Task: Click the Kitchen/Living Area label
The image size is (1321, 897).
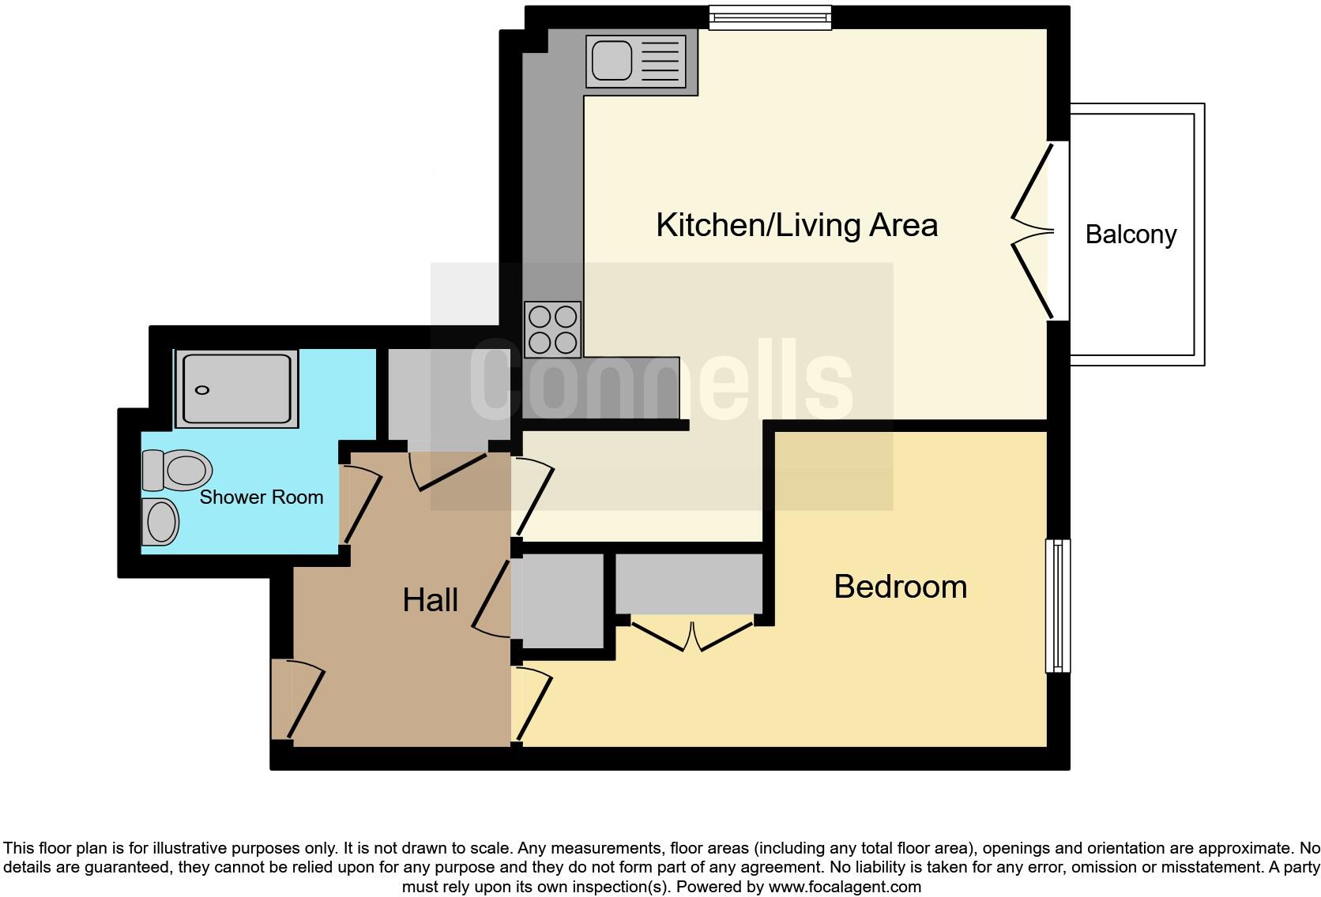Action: coord(796,226)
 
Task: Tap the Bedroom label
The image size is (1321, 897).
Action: coord(900,587)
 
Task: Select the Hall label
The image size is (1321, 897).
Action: coord(430,601)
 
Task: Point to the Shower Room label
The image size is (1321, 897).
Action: coord(262,497)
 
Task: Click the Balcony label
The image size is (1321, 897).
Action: coord(1131,235)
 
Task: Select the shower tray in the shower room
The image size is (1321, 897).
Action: coord(237,389)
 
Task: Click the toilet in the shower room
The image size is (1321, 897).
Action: coord(179,471)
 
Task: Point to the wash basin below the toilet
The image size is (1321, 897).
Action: coord(160,521)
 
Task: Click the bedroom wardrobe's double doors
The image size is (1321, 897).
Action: coord(691,636)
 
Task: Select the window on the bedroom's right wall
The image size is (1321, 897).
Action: coord(1057,606)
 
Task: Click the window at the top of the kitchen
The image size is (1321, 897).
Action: coord(770,17)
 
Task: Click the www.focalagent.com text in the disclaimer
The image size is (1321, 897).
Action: coord(844,887)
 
